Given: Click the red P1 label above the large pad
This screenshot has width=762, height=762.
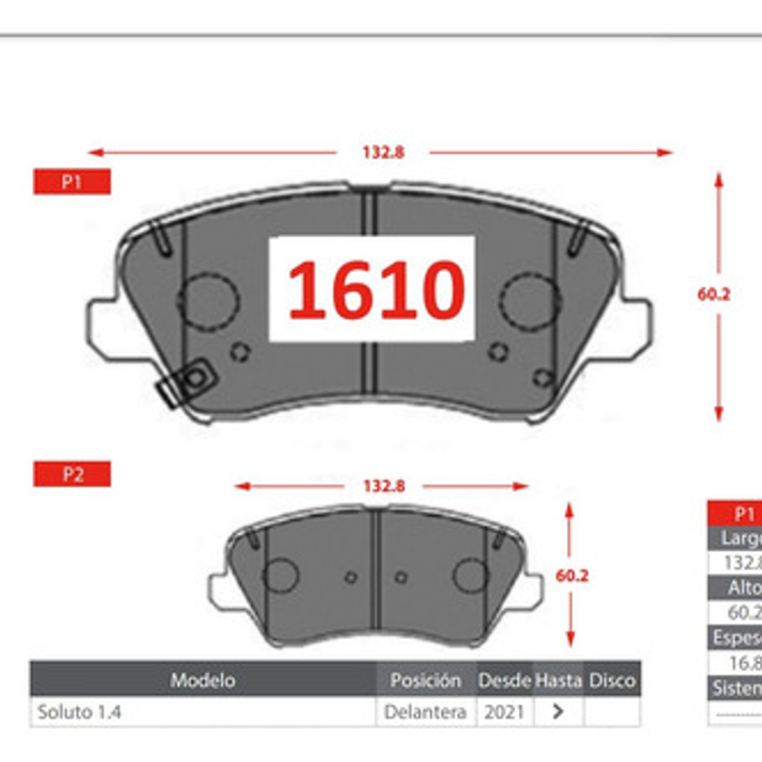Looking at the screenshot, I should point(72,182).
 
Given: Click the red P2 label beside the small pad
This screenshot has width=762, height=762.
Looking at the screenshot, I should point(72,474).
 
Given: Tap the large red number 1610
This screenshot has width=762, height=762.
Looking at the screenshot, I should point(376,289).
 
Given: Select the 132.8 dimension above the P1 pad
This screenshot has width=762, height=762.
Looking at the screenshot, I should point(383,152).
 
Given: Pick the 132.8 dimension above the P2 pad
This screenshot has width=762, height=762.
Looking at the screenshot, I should point(383,486).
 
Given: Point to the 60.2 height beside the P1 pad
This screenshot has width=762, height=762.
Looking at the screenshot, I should point(713,294).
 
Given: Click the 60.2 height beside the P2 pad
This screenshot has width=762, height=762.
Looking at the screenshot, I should point(571,576).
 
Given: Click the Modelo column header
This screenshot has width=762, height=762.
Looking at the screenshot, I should point(203,680).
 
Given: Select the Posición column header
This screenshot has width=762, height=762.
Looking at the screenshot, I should point(425,680).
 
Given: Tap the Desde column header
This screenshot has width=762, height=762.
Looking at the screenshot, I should point(505,680).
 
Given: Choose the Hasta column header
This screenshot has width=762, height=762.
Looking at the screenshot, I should point(558,680).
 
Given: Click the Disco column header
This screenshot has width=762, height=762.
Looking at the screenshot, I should point(612,680).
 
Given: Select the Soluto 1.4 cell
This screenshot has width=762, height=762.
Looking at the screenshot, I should point(79,712).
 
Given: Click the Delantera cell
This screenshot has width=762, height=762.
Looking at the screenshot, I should point(425,712).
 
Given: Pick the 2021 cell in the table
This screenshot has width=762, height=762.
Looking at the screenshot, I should point(504,712).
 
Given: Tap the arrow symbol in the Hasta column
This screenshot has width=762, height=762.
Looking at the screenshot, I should point(558,712).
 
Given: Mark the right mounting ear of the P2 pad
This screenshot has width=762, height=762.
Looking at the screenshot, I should point(532,591).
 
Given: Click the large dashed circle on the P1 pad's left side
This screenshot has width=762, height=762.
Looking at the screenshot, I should point(209,300).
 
